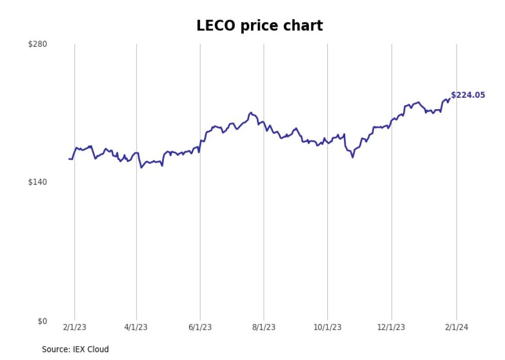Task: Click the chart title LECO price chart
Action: (260, 26)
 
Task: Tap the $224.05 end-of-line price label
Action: (468, 95)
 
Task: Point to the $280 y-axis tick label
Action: (38, 44)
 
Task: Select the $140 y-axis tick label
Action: (38, 182)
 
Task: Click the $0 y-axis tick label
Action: (42, 321)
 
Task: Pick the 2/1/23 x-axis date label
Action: (75, 328)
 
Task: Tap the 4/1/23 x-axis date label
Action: (137, 328)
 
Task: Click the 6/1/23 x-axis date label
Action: (200, 328)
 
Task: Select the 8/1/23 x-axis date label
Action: (264, 328)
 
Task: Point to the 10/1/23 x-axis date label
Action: (328, 328)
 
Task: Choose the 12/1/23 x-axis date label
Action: (392, 328)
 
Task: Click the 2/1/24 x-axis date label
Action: (456, 328)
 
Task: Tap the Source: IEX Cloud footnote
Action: (75, 349)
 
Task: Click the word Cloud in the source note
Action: (98, 349)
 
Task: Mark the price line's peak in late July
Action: (250, 112)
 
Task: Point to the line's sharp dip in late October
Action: (352, 157)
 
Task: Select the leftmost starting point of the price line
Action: (69, 159)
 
